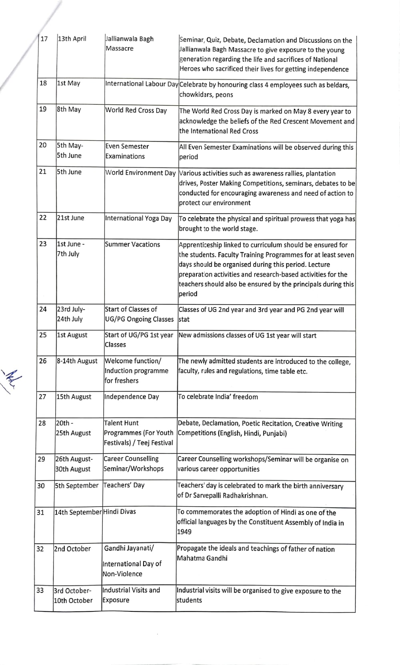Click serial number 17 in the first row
(44, 39)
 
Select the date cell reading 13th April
(72, 39)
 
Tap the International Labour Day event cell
(142, 84)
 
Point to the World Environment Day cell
(140, 173)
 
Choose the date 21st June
(71, 218)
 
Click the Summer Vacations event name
(132, 244)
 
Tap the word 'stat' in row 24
(184, 320)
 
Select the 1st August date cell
(72, 335)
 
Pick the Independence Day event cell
(132, 397)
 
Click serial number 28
(42, 423)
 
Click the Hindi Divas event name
(120, 511)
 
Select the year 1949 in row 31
(184, 532)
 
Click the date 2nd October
(72, 549)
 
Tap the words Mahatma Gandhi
(202, 558)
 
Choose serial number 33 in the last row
(40, 590)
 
